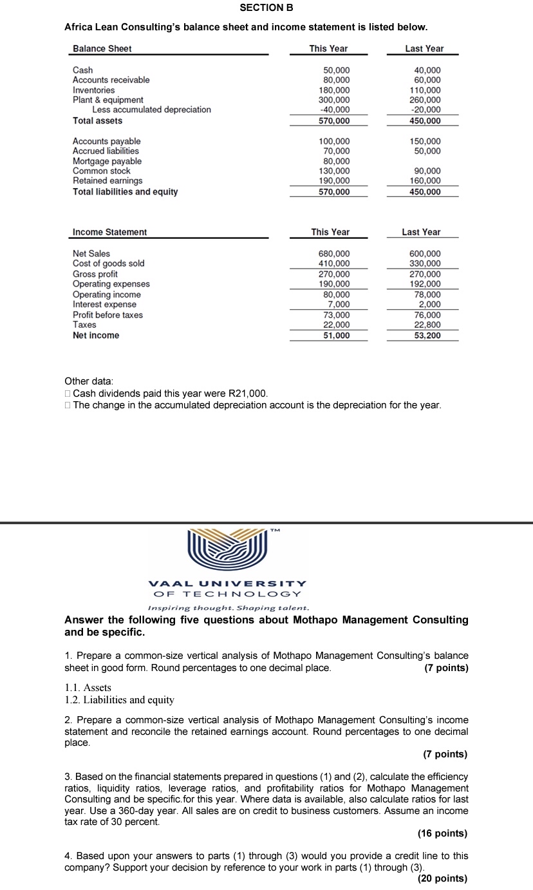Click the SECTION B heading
point(266,8)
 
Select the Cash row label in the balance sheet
point(82,70)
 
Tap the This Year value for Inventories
point(335,90)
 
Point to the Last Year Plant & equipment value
point(425,100)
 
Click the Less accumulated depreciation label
point(151,109)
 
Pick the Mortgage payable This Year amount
point(337,161)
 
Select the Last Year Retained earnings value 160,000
point(425,181)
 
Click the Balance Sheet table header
point(102,49)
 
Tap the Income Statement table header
point(110,232)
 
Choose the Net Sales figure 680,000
point(335,254)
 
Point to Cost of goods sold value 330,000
point(425,263)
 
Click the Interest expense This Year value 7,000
point(339,305)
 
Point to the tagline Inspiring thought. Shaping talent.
point(229,608)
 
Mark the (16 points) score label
point(442,833)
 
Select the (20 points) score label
point(442,878)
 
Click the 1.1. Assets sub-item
point(88,688)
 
